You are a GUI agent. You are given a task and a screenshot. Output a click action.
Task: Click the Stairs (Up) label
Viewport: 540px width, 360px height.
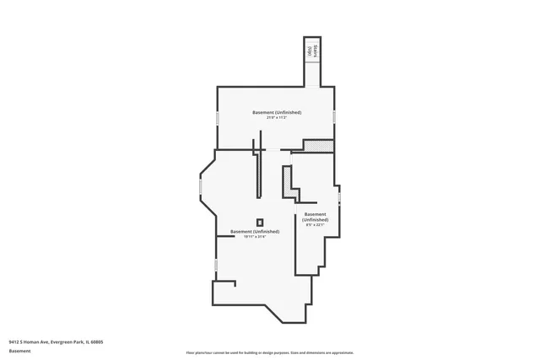click(310, 50)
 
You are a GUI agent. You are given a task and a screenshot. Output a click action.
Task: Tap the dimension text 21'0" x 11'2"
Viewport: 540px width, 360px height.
click(277, 118)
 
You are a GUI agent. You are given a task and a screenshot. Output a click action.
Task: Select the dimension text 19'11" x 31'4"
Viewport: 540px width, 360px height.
click(254, 237)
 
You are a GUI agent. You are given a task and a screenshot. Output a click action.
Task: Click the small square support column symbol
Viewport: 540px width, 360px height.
click(260, 223)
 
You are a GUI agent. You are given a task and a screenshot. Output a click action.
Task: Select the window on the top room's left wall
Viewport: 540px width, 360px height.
click(219, 118)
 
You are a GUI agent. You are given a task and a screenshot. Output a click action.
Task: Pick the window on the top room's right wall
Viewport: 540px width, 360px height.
click(335, 117)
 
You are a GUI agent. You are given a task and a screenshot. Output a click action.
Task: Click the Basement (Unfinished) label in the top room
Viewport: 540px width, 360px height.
click(277, 112)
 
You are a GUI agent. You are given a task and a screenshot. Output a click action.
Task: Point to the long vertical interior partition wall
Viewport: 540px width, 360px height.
click(260, 169)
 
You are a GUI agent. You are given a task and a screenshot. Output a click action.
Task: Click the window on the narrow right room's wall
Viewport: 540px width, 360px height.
click(340, 198)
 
